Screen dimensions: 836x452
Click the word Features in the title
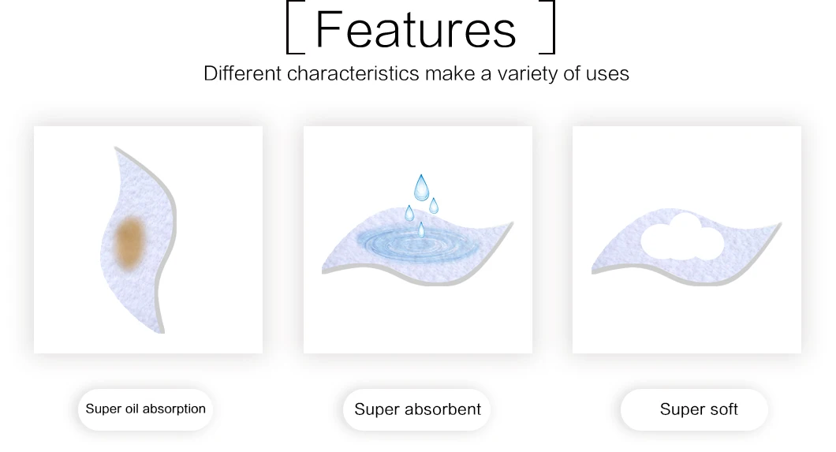tap(416, 29)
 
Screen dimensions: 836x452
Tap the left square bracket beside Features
tap(288, 27)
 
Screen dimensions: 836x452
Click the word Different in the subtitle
tap(242, 73)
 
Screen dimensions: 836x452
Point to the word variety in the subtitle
tap(528, 74)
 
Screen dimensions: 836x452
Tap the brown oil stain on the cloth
tap(129, 242)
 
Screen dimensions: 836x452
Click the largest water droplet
tap(421, 187)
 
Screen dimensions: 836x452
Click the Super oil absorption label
tap(146, 409)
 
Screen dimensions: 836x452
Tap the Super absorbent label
tap(417, 409)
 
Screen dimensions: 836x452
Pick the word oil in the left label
tap(132, 409)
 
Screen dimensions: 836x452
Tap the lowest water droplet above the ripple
tap(421, 230)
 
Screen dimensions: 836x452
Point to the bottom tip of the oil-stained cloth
tap(162, 333)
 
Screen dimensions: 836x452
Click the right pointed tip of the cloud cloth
tap(781, 223)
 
